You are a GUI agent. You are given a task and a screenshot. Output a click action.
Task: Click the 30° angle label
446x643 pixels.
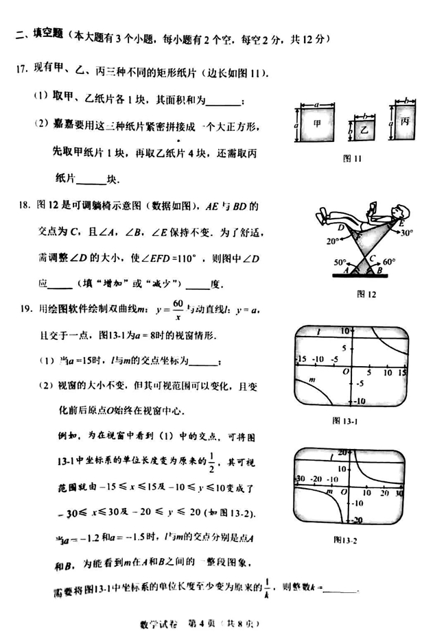point(407,232)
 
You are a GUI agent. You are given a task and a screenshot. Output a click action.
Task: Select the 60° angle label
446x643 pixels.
point(390,262)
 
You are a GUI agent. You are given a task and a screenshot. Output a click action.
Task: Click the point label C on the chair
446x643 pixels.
point(371,259)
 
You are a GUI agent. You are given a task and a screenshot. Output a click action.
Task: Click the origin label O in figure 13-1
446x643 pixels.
point(347,371)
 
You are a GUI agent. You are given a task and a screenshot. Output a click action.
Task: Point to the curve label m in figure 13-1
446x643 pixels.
point(312,378)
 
